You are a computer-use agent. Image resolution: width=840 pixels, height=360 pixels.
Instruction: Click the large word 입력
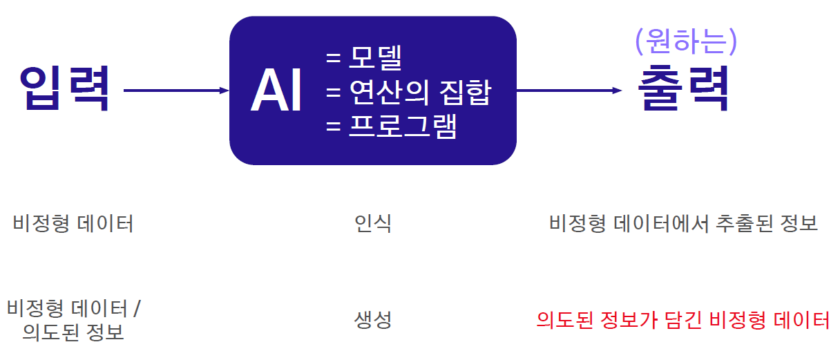(64, 89)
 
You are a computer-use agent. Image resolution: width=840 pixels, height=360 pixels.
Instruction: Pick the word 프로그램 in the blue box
(403, 126)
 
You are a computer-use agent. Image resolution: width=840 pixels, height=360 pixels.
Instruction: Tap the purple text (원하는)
(686, 42)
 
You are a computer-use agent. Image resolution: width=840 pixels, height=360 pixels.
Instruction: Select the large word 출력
(683, 90)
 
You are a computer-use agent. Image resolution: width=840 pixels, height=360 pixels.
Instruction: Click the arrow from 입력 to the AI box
(176, 91)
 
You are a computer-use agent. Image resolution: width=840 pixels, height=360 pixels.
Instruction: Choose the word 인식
(373, 224)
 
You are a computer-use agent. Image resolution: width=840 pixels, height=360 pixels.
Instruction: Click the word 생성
(373, 320)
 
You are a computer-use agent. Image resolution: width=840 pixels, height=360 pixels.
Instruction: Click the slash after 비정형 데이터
(137, 307)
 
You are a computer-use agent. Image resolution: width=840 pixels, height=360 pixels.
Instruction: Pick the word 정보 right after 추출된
(801, 224)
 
